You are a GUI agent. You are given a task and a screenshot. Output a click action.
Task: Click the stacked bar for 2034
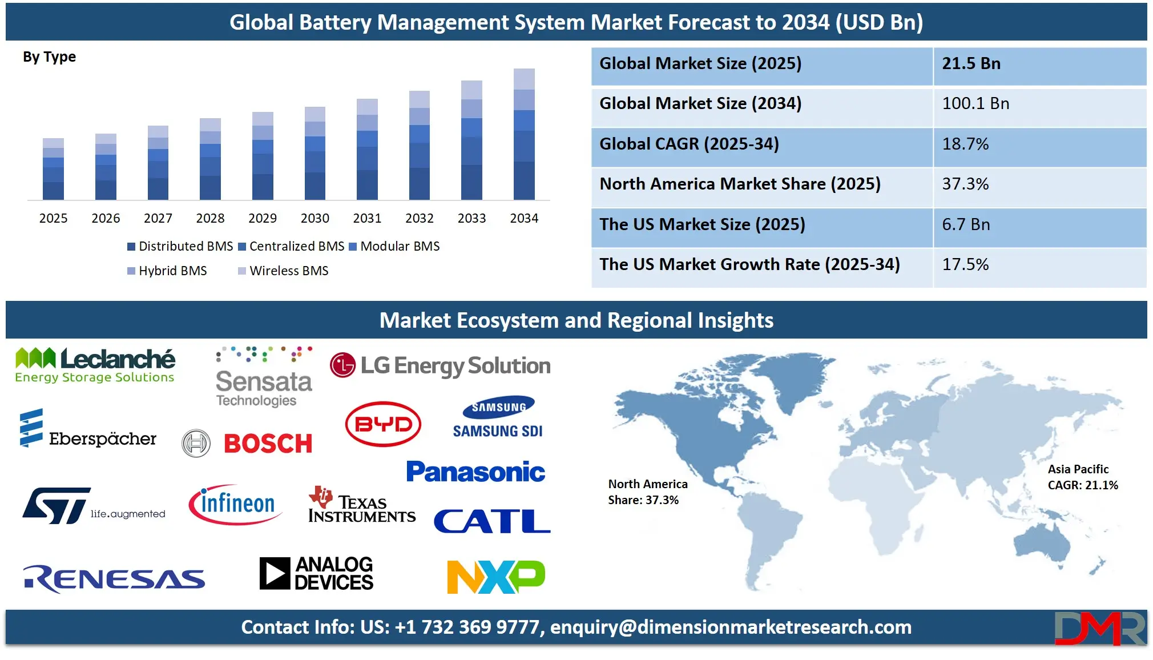point(524,135)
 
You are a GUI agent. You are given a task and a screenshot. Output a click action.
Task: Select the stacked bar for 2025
point(53,169)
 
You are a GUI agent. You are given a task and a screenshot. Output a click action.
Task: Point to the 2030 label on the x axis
point(315,218)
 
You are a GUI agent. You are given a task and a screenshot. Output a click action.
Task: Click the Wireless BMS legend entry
point(283,271)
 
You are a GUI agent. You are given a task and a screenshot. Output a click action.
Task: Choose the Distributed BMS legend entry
point(180,246)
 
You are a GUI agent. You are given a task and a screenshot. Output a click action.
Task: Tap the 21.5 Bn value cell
point(1039,64)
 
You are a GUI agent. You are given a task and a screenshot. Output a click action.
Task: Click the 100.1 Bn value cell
point(1039,104)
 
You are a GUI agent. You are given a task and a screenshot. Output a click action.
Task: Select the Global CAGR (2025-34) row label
point(688,144)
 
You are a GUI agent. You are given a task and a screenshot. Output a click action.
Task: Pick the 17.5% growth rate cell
point(1039,265)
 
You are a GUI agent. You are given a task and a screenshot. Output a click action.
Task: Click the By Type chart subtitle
point(49,57)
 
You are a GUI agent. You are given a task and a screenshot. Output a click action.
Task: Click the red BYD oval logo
point(383,424)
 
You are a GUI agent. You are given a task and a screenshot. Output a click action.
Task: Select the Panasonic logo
point(475,472)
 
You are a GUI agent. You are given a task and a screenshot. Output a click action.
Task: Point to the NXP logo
point(495,577)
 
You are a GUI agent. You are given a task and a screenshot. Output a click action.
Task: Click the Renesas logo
point(114,579)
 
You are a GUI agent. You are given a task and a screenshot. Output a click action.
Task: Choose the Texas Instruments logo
point(361,506)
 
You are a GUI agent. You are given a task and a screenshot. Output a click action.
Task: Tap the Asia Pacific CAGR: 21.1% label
point(1082,477)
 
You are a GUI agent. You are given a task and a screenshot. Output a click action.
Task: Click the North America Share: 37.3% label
point(647,492)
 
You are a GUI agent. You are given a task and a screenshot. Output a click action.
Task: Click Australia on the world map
point(1042,542)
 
